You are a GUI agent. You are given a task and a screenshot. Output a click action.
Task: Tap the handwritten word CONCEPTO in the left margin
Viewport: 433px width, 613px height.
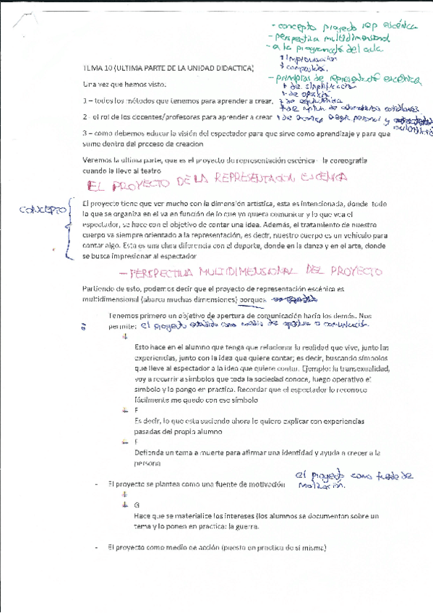coord(43,210)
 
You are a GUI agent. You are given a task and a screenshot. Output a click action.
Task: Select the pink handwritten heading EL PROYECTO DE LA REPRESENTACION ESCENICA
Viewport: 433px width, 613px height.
coord(215,178)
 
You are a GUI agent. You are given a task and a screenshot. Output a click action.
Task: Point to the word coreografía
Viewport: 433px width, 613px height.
coord(364,158)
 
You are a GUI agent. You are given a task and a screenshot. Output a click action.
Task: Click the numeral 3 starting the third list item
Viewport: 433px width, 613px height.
coord(85,133)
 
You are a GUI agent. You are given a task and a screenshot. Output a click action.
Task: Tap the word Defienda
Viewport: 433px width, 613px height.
coord(149,453)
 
